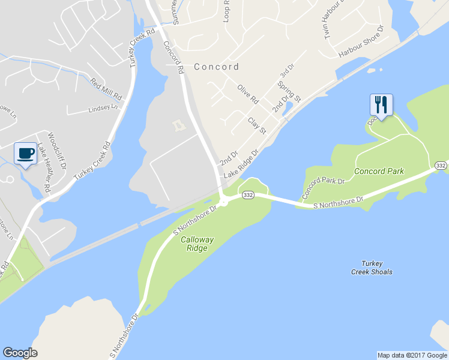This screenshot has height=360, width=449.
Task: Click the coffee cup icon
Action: tap(25, 154)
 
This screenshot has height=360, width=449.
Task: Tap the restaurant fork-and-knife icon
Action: tap(381, 104)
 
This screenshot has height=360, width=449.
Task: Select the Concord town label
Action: tap(216, 67)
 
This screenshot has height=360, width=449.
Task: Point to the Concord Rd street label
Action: tap(173, 58)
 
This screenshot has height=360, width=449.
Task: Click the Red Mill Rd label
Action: tap(106, 89)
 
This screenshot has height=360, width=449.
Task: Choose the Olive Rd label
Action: tap(247, 94)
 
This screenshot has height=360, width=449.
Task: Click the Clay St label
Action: tap(257, 124)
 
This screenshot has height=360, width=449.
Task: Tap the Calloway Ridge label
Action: tap(197, 244)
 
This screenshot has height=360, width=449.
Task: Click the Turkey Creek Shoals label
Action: tap(372, 268)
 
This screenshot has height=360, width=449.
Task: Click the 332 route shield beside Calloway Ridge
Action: tap(247, 194)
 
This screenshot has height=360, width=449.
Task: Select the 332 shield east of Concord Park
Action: tap(441, 166)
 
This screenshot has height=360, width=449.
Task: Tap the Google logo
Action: tap(20, 353)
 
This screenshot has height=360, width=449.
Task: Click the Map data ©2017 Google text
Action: tap(412, 355)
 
